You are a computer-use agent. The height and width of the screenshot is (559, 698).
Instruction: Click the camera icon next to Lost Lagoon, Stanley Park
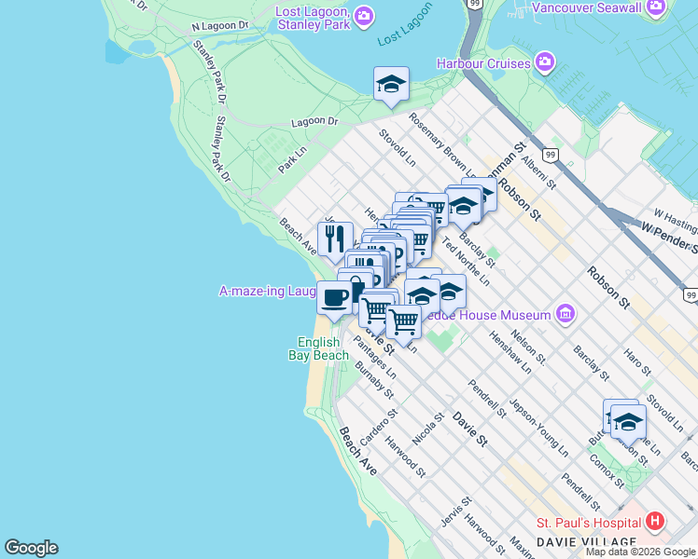coord(364,16)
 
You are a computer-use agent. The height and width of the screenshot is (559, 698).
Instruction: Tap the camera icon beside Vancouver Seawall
coord(657,7)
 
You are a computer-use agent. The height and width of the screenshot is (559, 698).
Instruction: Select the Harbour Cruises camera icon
coord(544,64)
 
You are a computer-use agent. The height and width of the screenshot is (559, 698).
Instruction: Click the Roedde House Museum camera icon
coord(564,314)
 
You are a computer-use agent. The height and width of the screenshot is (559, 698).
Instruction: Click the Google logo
coord(31,548)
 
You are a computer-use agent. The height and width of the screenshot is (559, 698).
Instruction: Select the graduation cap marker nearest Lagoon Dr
coord(391,84)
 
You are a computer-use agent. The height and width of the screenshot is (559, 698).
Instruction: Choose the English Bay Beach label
coord(323,348)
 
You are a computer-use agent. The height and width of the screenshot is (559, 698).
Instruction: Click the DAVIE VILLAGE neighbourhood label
coord(586,542)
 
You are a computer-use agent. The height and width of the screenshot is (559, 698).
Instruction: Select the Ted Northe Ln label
coord(466,261)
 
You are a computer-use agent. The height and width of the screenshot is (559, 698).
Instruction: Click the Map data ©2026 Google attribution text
coord(641,552)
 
